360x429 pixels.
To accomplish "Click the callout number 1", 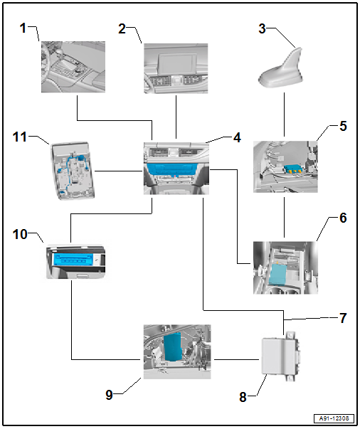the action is pos(23,28).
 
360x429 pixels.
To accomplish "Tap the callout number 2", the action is pos(122,28).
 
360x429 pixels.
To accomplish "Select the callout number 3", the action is pos(262,28).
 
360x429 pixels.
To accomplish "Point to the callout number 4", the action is pos(237,137).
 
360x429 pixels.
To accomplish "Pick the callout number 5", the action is pos(343,126).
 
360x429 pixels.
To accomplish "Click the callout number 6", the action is pos(343,218).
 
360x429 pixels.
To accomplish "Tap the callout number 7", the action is pos(343,318).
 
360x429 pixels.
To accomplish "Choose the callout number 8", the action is pos(243,397).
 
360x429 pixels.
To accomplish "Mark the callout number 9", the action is pos(109,395).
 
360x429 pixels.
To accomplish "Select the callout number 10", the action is pos(20,235).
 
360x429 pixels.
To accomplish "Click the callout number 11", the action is pos(20,137).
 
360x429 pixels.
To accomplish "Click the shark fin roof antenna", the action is pos(281,68).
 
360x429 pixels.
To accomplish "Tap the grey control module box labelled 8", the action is pos(280,356).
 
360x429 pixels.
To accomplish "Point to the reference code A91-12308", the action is pos(334,418).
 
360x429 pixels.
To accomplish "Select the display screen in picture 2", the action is pos(178,65).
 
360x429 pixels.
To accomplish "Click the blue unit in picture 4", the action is pos(171,169).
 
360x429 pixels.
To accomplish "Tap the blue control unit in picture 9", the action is pos(173,347).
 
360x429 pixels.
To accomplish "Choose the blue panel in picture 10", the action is pos(74,260).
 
